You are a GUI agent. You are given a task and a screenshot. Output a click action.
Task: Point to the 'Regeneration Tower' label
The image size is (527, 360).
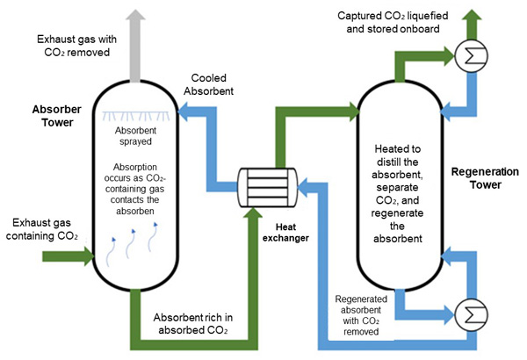480,178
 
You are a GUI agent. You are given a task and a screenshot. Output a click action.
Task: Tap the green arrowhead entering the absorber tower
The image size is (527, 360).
86,256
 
